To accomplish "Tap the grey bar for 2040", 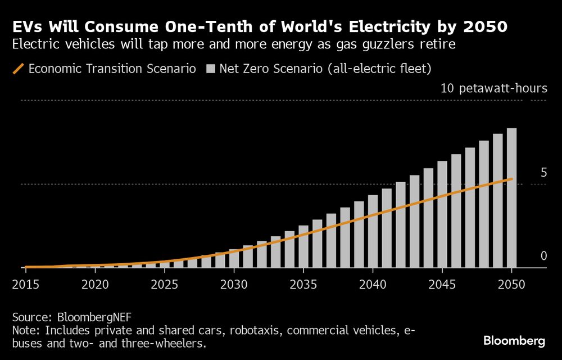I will (373, 231).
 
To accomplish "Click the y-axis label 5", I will (543, 173).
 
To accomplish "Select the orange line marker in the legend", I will (18, 69).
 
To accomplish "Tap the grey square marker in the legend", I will (211, 69).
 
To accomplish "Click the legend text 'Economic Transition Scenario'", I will (112, 69).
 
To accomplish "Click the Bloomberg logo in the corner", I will (514, 341).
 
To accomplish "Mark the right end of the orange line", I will (511, 179).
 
